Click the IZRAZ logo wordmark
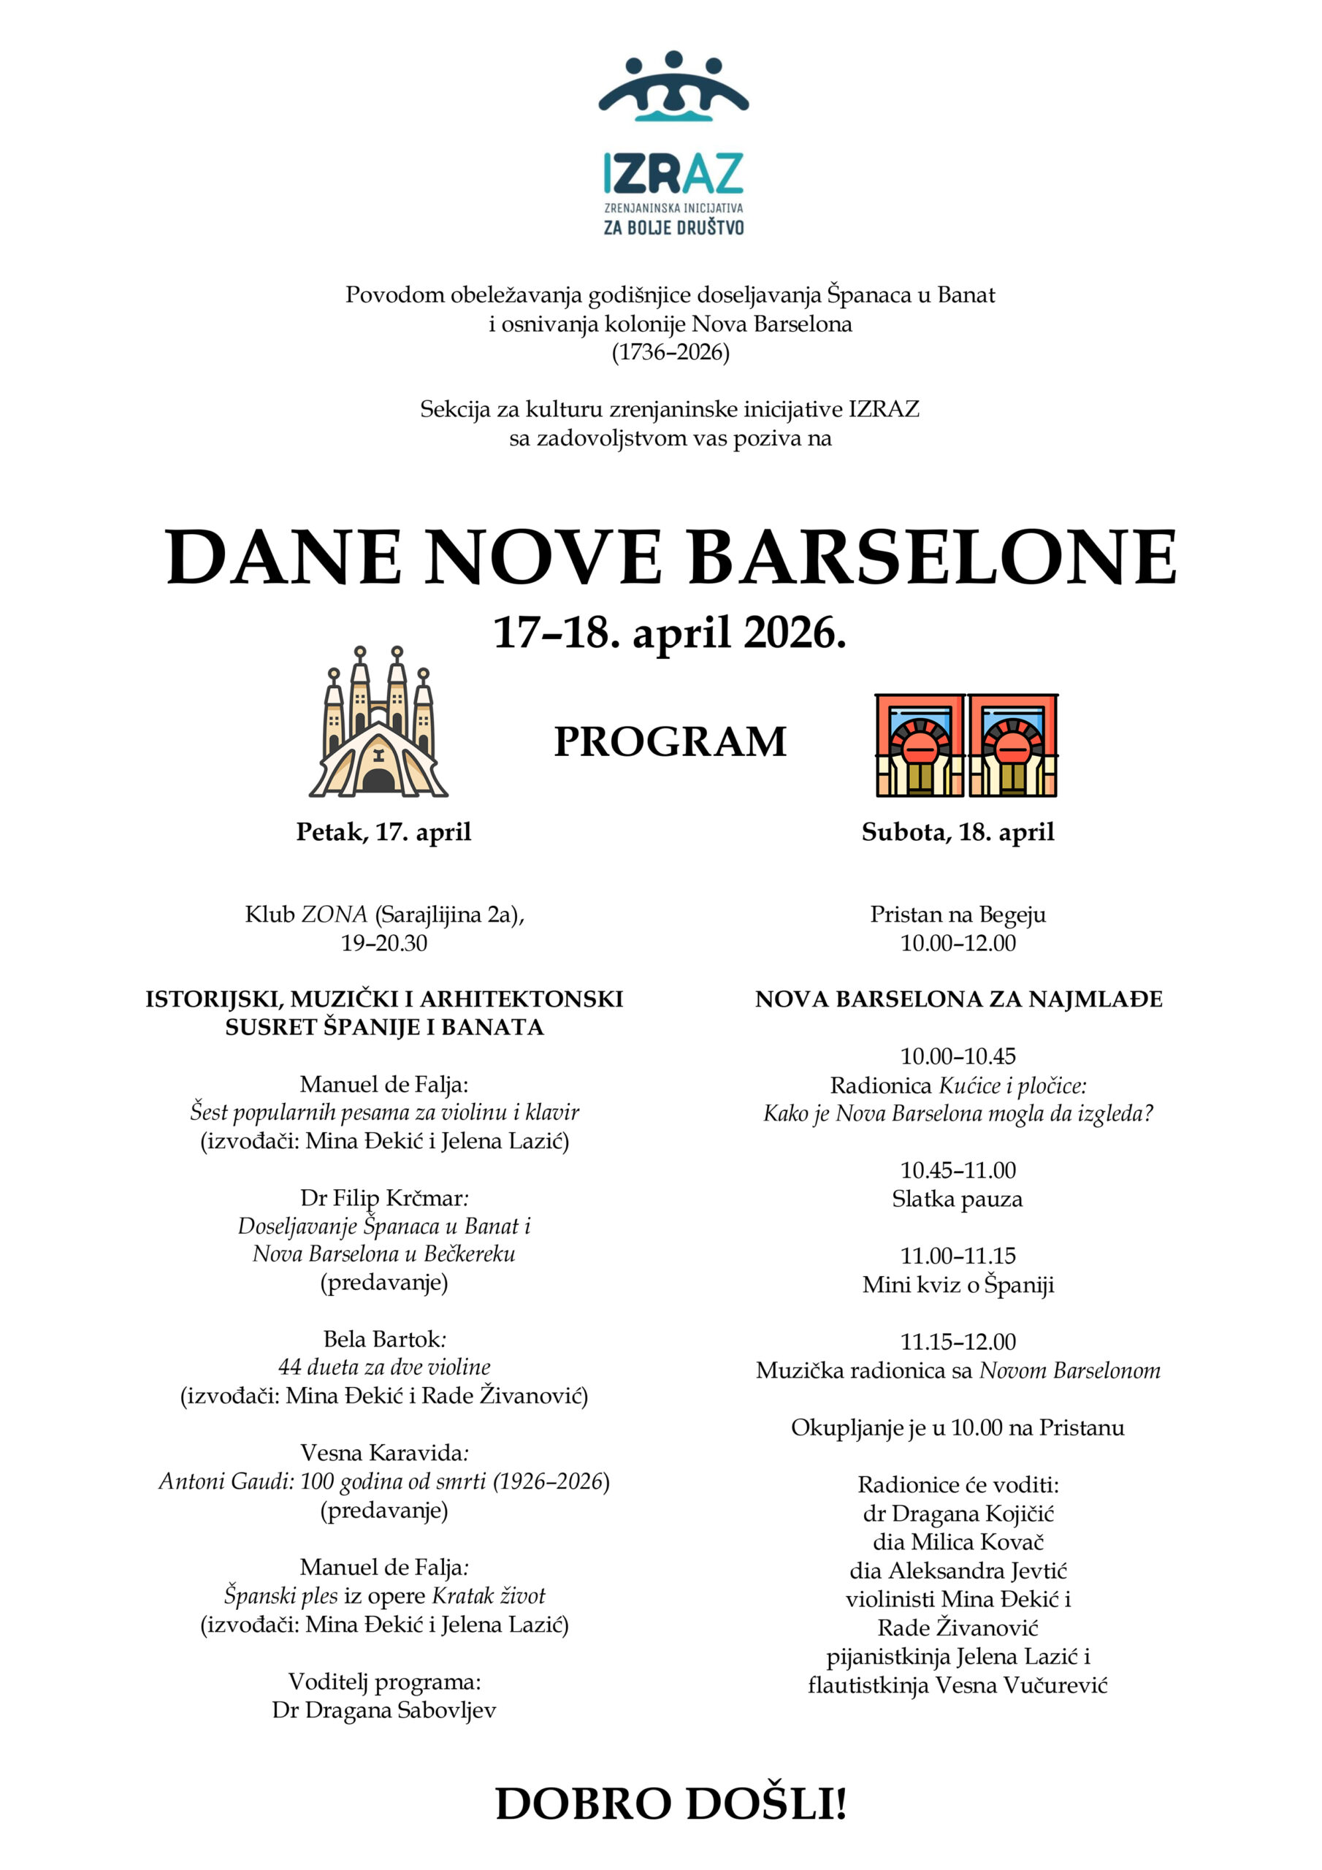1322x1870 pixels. tap(673, 172)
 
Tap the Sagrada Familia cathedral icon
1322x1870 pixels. tap(378, 723)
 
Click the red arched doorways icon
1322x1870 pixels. tap(966, 744)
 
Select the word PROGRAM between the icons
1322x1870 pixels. tap(670, 742)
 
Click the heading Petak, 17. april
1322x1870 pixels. tap(383, 831)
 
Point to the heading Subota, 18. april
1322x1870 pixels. tap(958, 831)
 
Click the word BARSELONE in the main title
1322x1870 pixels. tap(933, 558)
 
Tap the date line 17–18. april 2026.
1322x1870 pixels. tap(670, 633)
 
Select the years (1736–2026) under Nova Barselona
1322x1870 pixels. tap(670, 352)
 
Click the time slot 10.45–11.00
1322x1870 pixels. tap(958, 1170)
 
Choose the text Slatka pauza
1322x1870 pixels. tap(957, 1199)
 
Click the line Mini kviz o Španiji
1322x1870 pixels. tap(958, 1284)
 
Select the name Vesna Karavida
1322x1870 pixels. tap(382, 1452)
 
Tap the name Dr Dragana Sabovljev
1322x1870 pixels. tap(383, 1709)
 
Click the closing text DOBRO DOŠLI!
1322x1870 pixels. tap(671, 1804)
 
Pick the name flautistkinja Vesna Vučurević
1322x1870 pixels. tap(958, 1684)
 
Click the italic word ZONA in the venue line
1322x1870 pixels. tap(335, 915)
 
